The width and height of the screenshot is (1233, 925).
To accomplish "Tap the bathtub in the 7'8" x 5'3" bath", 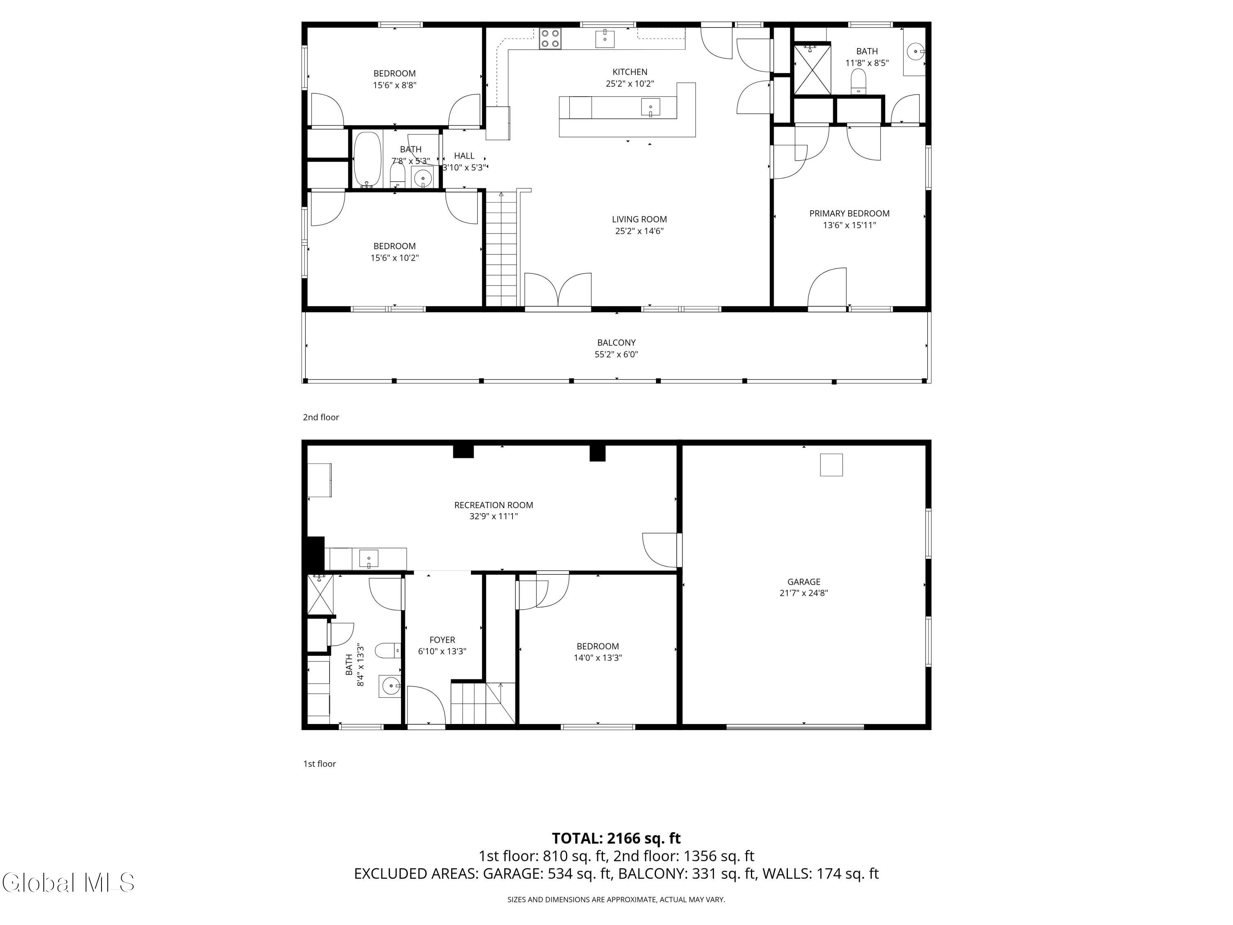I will pyautogui.click(x=367, y=159).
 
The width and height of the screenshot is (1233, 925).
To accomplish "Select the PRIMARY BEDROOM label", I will pyautogui.click(x=849, y=213).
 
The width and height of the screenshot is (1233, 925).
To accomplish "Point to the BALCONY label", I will pyautogui.click(x=616, y=342).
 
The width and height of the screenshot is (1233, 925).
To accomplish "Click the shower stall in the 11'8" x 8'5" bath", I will pyautogui.click(x=812, y=69).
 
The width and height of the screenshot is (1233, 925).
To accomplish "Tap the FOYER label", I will pyautogui.click(x=442, y=640).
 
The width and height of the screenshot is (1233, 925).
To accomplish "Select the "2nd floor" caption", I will pyautogui.click(x=321, y=417).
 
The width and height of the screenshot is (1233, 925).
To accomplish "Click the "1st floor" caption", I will pyautogui.click(x=319, y=764).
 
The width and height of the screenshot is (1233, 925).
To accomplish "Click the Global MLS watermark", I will pyautogui.click(x=68, y=883).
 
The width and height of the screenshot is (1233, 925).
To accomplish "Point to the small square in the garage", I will pyautogui.click(x=831, y=465).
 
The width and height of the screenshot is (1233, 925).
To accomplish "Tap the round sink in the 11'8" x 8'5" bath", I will pyautogui.click(x=915, y=52).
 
